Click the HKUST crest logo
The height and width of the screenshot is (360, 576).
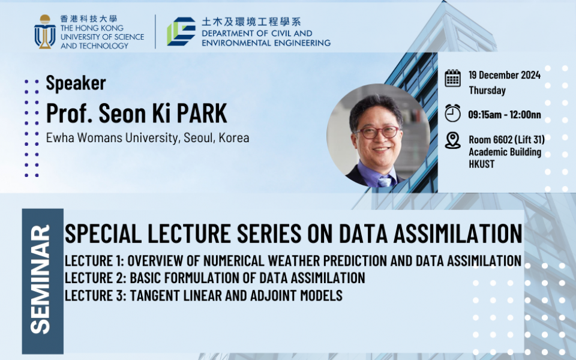45,32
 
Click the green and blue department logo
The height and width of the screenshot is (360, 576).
181,31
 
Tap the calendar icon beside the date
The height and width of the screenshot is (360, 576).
452,78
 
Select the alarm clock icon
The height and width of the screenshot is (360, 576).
452,113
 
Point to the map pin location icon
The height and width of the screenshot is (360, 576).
452,140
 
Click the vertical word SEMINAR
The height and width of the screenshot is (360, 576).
40,280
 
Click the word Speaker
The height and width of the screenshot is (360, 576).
76,83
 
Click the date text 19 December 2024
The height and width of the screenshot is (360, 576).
505,75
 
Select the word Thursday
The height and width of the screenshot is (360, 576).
487,91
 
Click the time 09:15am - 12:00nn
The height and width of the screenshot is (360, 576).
505,115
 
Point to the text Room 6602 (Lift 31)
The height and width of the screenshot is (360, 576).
506,140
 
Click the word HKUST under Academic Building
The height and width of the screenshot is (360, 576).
482,164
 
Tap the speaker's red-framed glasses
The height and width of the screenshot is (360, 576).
377,132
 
